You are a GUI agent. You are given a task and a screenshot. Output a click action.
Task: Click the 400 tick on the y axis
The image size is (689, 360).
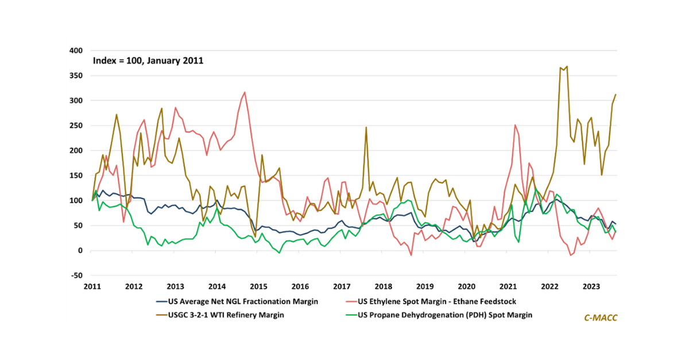[x=77, y=51]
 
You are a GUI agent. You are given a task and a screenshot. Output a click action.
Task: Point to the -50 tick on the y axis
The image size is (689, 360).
[x=77, y=276]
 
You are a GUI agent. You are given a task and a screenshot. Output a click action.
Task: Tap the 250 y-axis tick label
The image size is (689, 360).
[x=77, y=126]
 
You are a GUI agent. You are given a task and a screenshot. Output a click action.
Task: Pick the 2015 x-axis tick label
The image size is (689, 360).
[x=258, y=286]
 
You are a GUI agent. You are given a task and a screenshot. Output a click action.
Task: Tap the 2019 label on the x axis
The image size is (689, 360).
[x=424, y=286]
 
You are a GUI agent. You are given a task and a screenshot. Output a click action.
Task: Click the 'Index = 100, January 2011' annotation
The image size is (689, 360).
[x=148, y=60]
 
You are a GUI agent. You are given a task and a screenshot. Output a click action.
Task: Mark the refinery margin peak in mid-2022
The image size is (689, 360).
[x=567, y=67]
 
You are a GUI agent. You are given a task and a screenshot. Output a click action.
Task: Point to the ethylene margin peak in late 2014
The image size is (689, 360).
[x=245, y=92]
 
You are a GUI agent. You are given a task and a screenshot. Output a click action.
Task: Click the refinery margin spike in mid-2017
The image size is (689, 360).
[x=366, y=127]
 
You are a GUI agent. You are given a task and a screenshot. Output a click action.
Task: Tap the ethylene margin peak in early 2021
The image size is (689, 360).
[x=515, y=125]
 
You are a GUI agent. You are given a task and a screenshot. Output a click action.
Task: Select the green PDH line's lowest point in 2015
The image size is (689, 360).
[x=280, y=253]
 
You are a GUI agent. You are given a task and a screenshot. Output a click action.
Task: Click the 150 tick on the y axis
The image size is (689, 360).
[x=77, y=176]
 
